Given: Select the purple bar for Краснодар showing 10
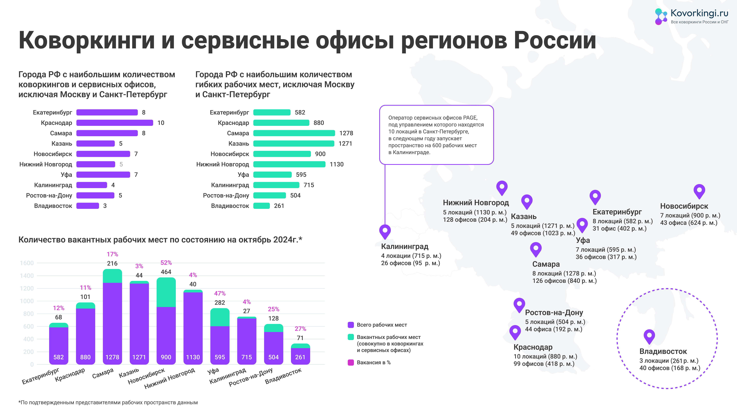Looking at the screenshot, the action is [x=115, y=123].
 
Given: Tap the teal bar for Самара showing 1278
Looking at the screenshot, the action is [x=294, y=133].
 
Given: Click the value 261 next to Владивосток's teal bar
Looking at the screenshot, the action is [x=279, y=206].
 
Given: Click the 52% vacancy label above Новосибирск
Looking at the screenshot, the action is [x=166, y=263].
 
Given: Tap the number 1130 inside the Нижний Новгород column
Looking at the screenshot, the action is [x=193, y=357].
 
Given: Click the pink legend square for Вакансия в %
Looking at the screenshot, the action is [x=351, y=363].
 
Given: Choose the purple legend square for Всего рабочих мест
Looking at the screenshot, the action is [x=351, y=325].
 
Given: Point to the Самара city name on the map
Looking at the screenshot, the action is [x=546, y=264].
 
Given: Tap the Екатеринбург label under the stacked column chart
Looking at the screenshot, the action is [x=41, y=376].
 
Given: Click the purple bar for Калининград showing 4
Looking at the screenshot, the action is [x=92, y=185].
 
